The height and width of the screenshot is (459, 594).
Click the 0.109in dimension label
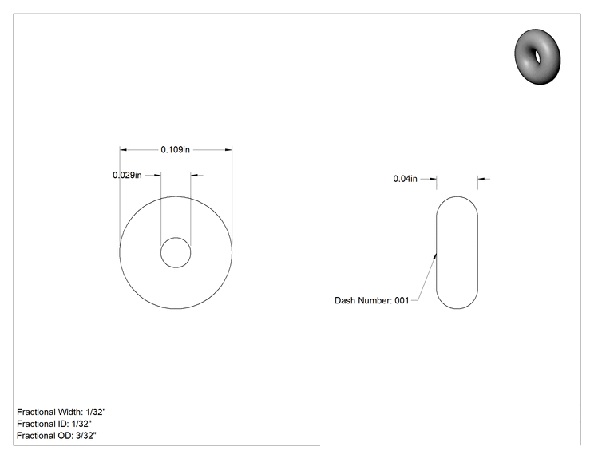175,149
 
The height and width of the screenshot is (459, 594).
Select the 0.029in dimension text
127,175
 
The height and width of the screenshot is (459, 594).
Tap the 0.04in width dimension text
405,179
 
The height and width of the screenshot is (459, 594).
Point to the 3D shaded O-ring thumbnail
537,57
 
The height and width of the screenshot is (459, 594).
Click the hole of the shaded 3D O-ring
537,56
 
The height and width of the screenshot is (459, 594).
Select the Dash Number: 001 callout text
371,300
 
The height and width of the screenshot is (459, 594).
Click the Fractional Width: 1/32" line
61,412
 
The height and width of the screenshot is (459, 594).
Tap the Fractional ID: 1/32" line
54,424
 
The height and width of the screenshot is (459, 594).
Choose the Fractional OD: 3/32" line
57,436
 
